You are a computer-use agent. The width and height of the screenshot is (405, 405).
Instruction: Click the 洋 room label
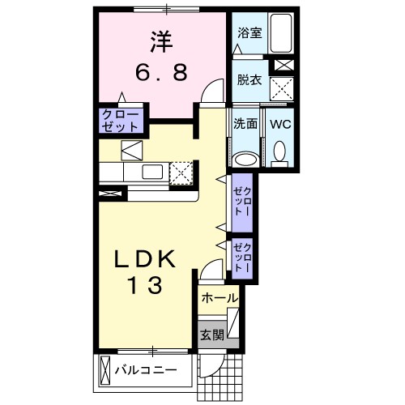(x=159, y=39)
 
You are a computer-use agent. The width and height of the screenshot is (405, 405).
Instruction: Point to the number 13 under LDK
(x=147, y=285)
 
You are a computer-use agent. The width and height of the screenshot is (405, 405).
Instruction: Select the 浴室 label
(x=248, y=33)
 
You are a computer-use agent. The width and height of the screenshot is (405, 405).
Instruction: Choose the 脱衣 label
(x=248, y=79)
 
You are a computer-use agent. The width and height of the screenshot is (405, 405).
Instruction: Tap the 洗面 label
(x=245, y=125)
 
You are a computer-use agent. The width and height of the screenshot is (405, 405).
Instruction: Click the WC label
(x=280, y=125)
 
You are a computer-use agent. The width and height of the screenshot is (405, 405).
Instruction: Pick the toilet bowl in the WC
(x=280, y=151)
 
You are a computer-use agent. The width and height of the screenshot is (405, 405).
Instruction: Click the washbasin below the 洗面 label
(x=245, y=156)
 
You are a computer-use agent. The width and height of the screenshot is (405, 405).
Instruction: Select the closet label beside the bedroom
(x=121, y=121)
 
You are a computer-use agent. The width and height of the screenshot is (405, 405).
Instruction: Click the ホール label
(x=219, y=298)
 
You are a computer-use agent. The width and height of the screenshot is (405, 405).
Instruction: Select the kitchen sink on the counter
(x=152, y=171)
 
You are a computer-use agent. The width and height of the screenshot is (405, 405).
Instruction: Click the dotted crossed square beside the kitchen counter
(x=183, y=171)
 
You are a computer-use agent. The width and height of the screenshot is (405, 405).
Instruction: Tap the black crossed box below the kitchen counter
(x=112, y=194)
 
